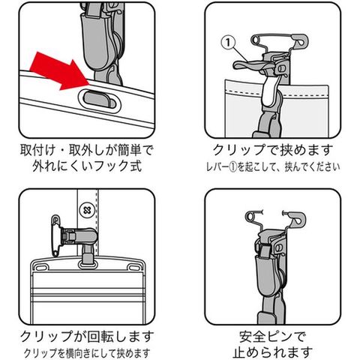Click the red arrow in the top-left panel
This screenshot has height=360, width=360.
pyautogui.click(x=58, y=71)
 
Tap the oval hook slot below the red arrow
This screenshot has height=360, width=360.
pyautogui.click(x=100, y=100)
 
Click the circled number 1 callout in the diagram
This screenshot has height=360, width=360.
pyautogui.click(x=228, y=42)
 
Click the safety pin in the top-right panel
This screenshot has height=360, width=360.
pyautogui.click(x=280, y=40)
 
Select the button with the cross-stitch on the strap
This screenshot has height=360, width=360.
pyautogui.click(x=87, y=211)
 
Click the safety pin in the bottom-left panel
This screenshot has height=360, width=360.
pyautogui.click(x=55, y=235)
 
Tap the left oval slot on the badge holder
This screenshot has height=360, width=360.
pyautogui.click(x=41, y=268)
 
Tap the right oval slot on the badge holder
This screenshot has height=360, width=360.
pyautogui.click(x=133, y=268)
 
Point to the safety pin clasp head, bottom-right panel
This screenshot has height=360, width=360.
pyautogui.click(x=298, y=218)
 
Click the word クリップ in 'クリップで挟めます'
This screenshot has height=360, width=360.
pyautogui.click(x=239, y=150)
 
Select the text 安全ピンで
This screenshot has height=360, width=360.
pyautogui.click(x=272, y=337)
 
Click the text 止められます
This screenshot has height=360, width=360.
pyautogui.click(x=272, y=352)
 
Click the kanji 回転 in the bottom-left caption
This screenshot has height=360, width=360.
pyautogui.click(x=100, y=337)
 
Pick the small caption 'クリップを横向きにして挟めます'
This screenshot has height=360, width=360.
pyautogui.click(x=87, y=353)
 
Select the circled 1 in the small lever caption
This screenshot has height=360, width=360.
pyautogui.click(x=232, y=167)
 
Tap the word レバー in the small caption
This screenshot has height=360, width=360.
pyautogui.click(x=217, y=167)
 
